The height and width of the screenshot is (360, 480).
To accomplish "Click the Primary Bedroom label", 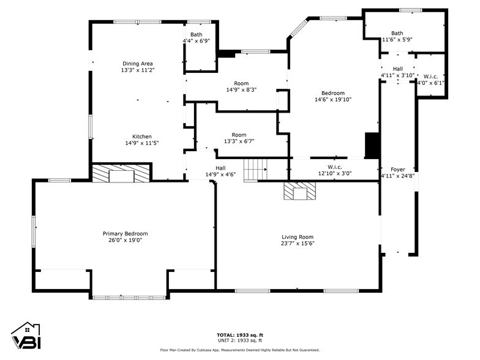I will [x=125, y=233].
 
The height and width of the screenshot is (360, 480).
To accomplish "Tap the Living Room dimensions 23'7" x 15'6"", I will [x=298, y=243].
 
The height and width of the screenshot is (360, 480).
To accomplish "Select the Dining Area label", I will [x=138, y=63].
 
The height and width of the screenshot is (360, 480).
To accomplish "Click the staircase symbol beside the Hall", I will [x=255, y=170].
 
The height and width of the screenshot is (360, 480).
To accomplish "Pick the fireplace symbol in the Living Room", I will [x=299, y=192].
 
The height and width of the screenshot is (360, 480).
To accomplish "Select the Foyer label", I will [x=398, y=169].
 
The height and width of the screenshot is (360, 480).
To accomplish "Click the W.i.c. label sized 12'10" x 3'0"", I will [x=334, y=167].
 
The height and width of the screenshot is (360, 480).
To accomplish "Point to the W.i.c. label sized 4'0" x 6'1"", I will [x=431, y=77].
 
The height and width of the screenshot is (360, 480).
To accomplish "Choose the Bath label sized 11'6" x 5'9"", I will [x=397, y=33].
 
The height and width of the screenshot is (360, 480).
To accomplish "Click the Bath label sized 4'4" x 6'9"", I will [x=196, y=34].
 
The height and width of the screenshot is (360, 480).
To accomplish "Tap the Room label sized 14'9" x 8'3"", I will [x=241, y=83].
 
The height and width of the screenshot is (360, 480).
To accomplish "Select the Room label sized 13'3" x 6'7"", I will [x=239, y=135].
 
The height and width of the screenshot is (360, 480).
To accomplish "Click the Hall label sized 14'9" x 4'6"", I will [x=220, y=168].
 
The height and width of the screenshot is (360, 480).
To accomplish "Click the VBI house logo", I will [x=25, y=336].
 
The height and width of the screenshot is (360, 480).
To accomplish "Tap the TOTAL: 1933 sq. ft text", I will [x=240, y=335].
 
